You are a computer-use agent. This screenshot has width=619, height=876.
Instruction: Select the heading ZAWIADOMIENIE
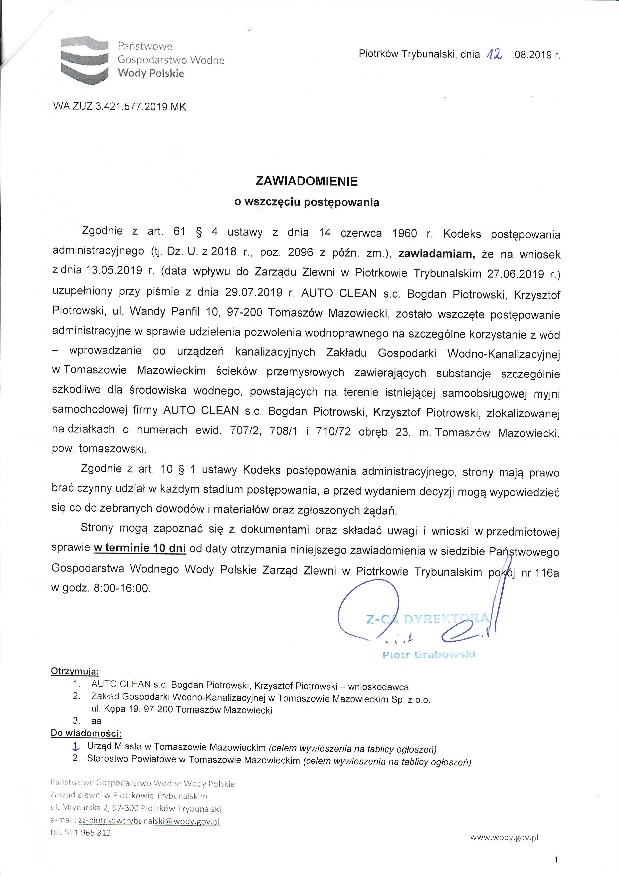(307, 181)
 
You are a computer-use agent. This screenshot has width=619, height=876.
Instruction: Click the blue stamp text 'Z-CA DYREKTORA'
(427, 619)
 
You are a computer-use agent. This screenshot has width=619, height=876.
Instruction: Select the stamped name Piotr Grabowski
(429, 655)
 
